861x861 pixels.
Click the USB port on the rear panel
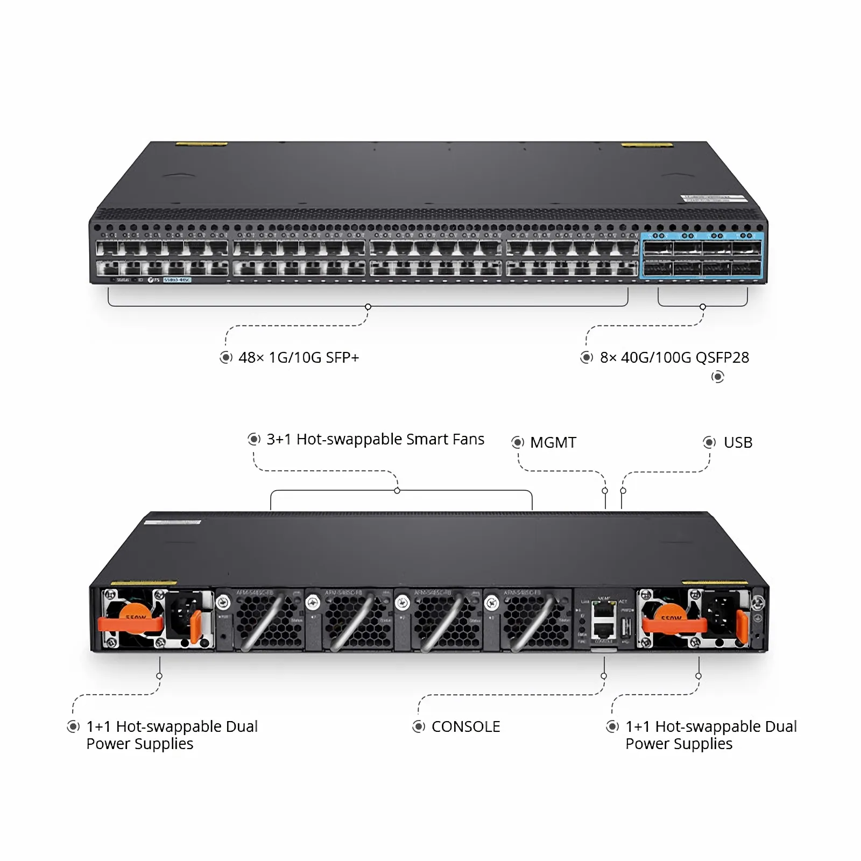click(626, 627)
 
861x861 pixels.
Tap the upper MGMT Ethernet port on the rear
click(603, 610)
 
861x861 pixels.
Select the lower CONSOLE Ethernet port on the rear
click(603, 630)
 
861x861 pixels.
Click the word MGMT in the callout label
click(553, 442)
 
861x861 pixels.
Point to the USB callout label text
click(738, 442)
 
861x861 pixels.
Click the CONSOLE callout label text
click(465, 726)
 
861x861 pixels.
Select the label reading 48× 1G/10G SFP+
click(299, 357)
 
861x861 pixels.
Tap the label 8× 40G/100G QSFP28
click(674, 357)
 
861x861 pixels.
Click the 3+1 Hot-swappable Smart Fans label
click(375, 439)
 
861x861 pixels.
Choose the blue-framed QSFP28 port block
click(702, 256)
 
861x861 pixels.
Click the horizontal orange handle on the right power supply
click(673, 624)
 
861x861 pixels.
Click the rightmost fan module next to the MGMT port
click(536, 622)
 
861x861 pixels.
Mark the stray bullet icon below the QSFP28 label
click(717, 377)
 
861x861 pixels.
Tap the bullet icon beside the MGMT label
click(518, 442)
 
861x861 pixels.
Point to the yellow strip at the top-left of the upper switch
click(201, 144)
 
